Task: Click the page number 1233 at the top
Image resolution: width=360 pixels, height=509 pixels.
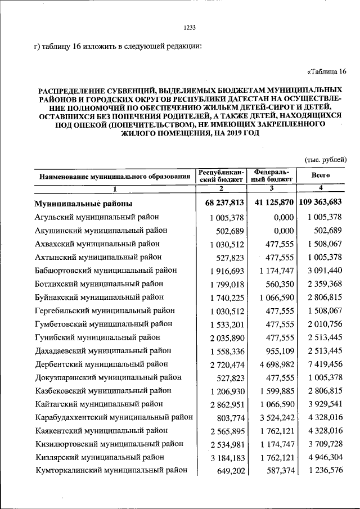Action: pos(190,28)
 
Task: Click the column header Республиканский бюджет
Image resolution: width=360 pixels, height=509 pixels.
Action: pos(221,175)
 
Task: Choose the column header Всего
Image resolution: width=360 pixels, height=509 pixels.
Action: pos(320,175)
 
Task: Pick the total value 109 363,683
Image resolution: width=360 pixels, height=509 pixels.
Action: pos(320,202)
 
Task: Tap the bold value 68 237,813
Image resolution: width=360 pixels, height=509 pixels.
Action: pos(221,202)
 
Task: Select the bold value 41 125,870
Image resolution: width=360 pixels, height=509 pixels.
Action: pos(271,202)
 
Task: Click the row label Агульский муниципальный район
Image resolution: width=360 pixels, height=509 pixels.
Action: pos(97,217)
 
